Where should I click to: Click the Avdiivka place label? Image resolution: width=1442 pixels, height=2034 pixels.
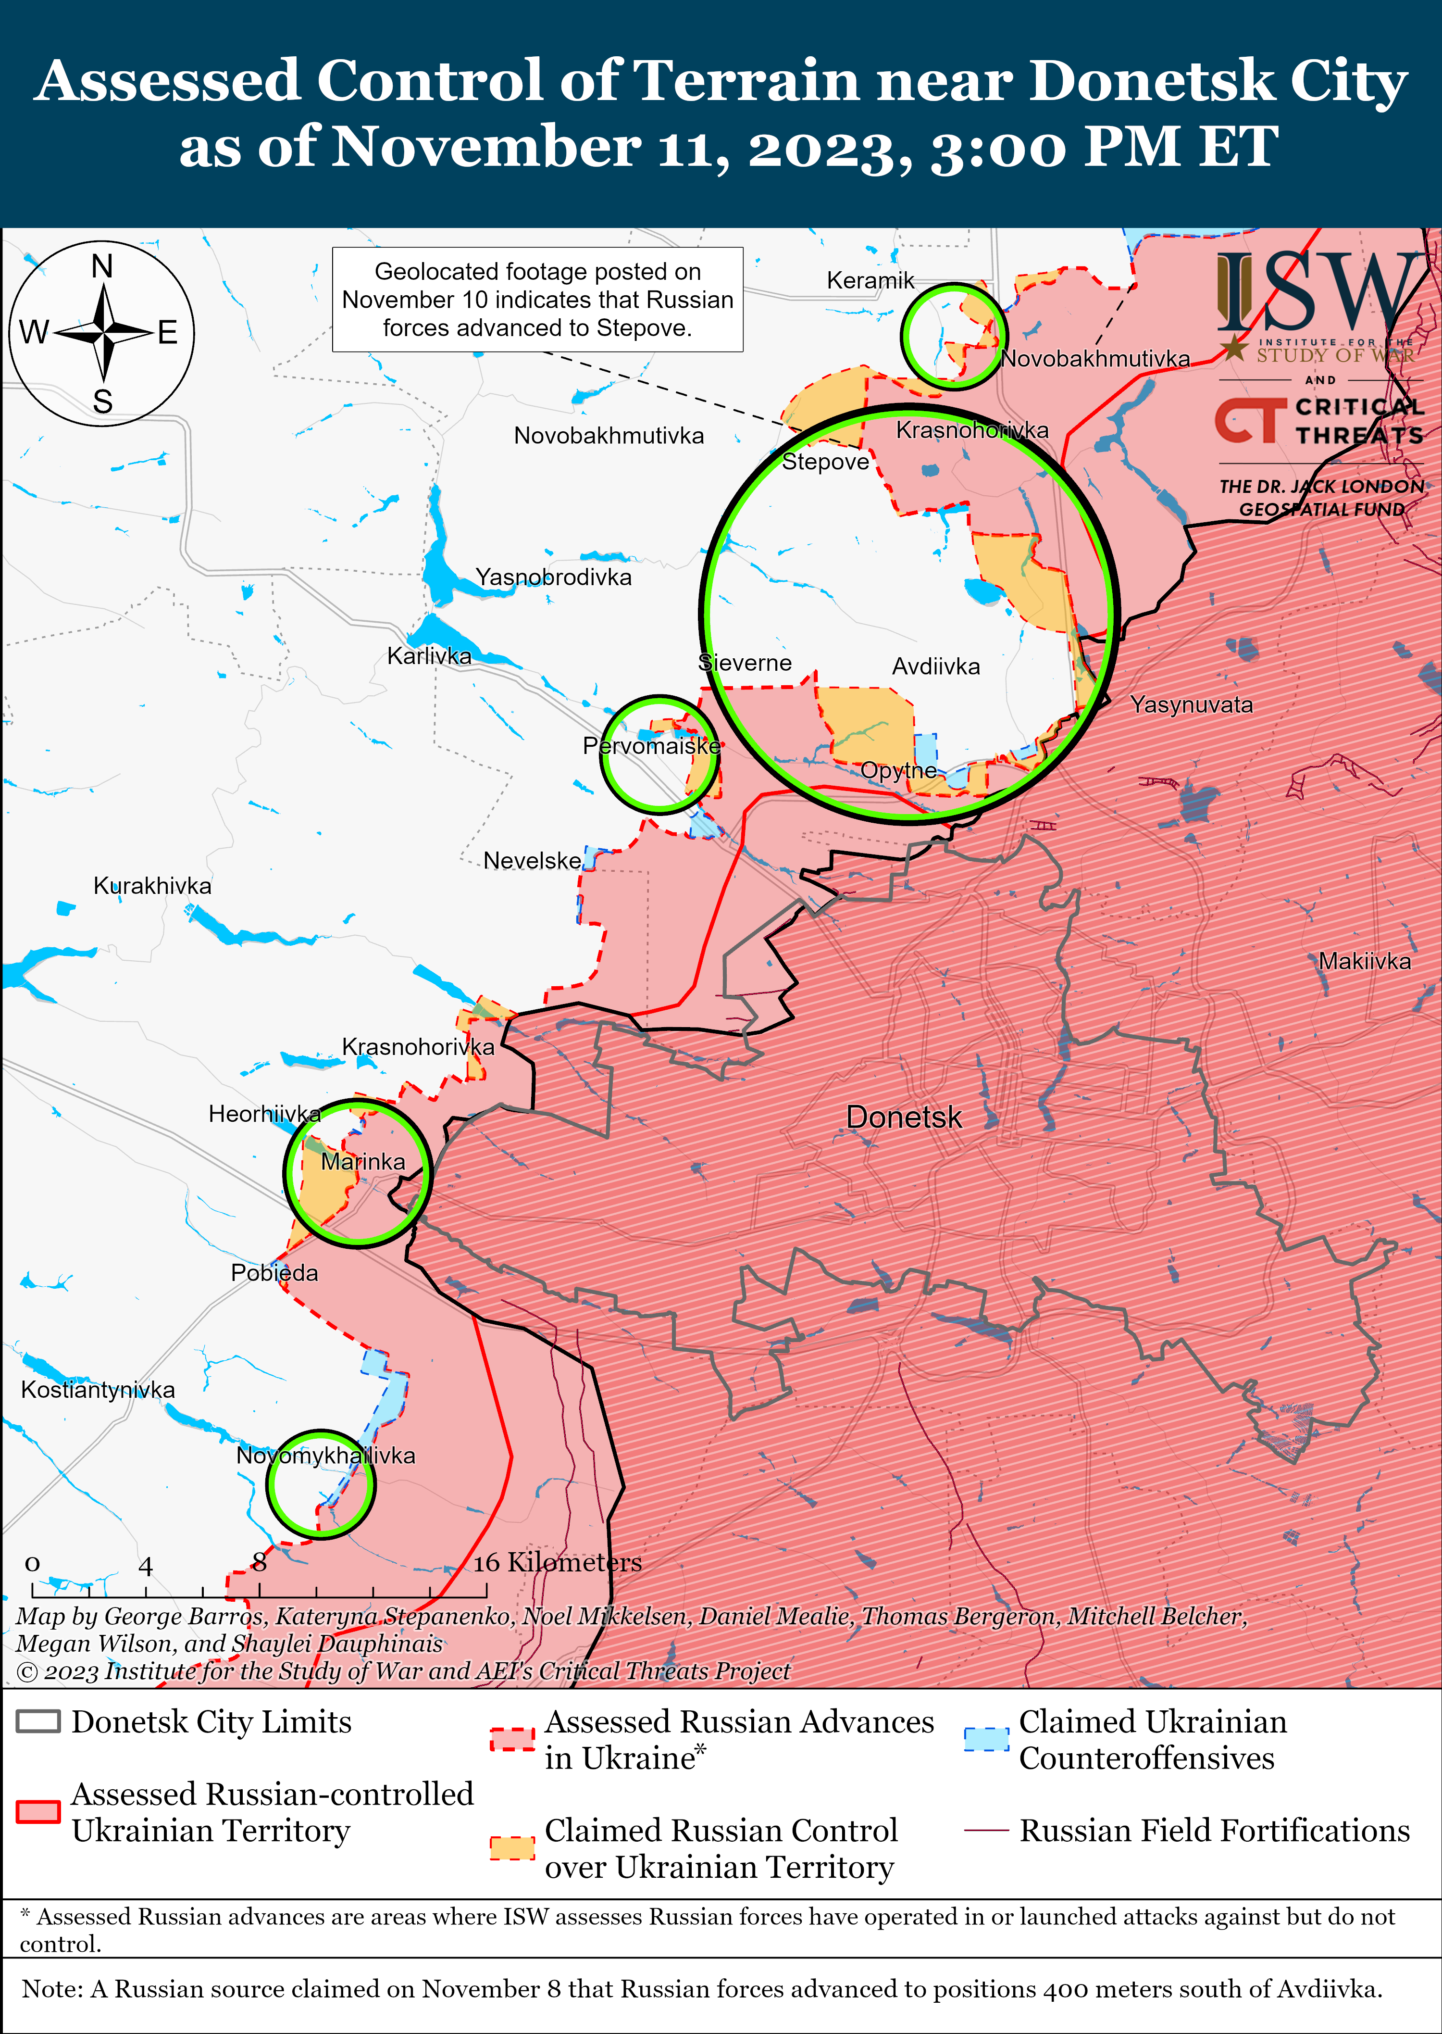(936, 667)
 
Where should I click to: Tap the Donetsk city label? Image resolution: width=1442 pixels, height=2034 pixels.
(904, 1117)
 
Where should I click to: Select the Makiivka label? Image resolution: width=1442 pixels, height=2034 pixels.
(1364, 961)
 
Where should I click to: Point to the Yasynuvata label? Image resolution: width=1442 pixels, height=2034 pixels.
(1191, 705)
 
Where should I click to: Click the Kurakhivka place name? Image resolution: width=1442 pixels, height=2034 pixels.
(153, 886)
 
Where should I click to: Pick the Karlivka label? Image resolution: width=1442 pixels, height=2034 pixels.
(429, 656)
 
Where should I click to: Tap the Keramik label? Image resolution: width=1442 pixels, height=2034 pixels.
(870, 281)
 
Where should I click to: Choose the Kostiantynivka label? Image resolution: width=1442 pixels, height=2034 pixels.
(98, 1390)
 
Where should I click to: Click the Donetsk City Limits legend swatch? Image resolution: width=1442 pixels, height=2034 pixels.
(38, 1721)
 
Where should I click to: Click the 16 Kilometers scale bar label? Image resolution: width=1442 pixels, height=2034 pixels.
(557, 1562)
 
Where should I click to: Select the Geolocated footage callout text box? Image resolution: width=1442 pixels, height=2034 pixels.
(537, 299)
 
